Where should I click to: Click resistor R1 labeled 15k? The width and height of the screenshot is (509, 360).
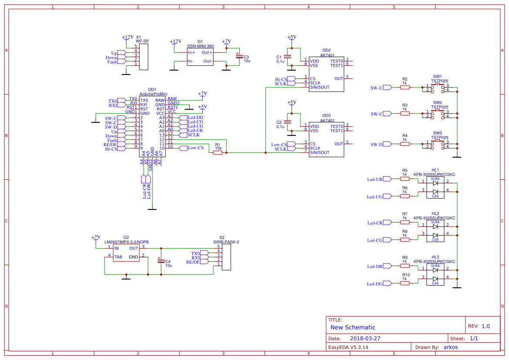point(218,152)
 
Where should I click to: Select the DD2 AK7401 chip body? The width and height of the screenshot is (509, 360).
point(326,74)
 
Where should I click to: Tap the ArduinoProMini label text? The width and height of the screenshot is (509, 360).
point(153,94)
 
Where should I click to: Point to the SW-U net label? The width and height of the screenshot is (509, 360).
point(377,88)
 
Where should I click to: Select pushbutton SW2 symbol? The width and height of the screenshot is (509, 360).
point(438,114)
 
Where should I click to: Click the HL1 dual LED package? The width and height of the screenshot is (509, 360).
point(435,188)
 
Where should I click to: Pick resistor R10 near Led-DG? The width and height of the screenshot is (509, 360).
point(405,283)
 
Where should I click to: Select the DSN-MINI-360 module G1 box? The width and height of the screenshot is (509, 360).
point(200,57)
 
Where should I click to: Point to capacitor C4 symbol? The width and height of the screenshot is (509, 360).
point(161,261)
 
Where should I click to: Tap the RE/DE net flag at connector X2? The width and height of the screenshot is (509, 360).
point(193,262)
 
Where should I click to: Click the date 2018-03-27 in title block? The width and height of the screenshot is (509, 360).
point(365,338)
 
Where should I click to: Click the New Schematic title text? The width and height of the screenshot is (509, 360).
point(353,327)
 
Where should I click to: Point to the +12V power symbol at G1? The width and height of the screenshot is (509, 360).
point(175,42)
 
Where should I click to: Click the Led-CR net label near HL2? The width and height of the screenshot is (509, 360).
point(374,223)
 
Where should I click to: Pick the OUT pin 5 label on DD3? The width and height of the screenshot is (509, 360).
point(339,144)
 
